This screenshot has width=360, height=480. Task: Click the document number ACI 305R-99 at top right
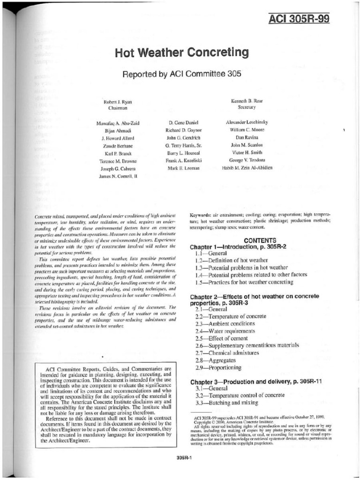[299, 19]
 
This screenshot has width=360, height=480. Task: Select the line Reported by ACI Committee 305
[182, 74]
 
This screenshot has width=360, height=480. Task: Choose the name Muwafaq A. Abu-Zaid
[118, 123]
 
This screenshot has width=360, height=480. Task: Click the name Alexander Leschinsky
[247, 122]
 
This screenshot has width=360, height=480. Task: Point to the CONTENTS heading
[259, 240]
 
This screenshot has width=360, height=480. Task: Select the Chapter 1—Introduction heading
[238, 247]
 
